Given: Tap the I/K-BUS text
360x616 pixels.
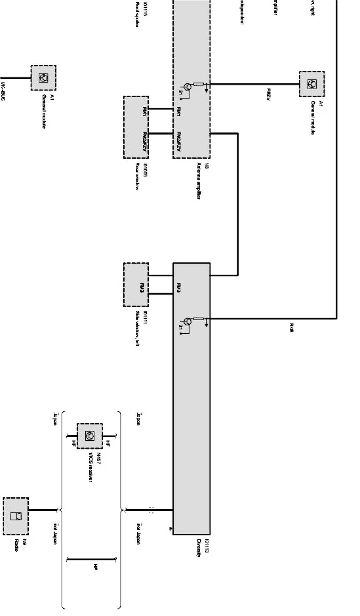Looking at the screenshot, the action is coord(3,92).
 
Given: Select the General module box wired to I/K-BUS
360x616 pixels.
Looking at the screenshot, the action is coord(43,78).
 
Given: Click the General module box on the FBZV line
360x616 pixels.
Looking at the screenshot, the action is coord(312,84).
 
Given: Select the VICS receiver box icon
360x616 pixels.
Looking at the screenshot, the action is coord(90,436).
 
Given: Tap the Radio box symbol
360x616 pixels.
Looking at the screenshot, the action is coord(15,516).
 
